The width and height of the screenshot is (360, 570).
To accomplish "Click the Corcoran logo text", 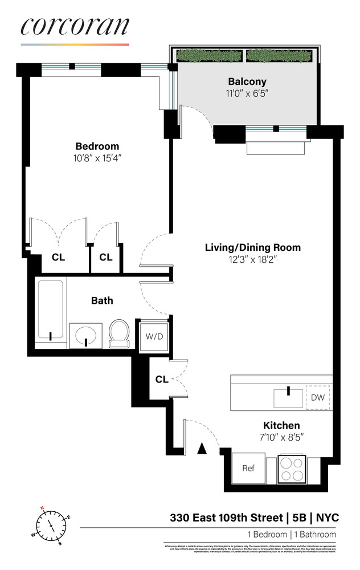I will pyautogui.click(x=75, y=27).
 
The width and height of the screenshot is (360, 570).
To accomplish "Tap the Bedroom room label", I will pyautogui.click(x=97, y=146).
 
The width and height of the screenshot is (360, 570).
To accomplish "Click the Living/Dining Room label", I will pyautogui.click(x=252, y=247).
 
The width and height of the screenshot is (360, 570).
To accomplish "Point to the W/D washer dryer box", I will pyautogui.click(x=154, y=336).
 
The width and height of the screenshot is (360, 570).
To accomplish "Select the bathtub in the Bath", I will pyautogui.click(x=51, y=312).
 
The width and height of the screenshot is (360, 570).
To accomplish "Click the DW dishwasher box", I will pyautogui.click(x=317, y=397).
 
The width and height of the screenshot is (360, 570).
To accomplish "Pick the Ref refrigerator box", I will pyautogui.click(x=248, y=469).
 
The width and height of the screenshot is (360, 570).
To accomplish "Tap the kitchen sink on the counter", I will pyautogui.click(x=288, y=397).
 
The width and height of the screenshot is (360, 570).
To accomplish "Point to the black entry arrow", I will pyautogui.click(x=201, y=449).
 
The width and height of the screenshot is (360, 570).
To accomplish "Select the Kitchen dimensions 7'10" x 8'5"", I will pyautogui.click(x=281, y=438).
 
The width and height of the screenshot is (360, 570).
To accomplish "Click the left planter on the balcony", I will pyautogui.click(x=210, y=56).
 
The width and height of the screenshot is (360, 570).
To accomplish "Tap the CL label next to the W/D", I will pyautogui.click(x=162, y=379).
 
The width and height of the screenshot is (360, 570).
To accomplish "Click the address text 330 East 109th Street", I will pyautogui.click(x=226, y=518).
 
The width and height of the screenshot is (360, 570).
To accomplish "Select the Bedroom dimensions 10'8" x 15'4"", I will pyautogui.click(x=97, y=157).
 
